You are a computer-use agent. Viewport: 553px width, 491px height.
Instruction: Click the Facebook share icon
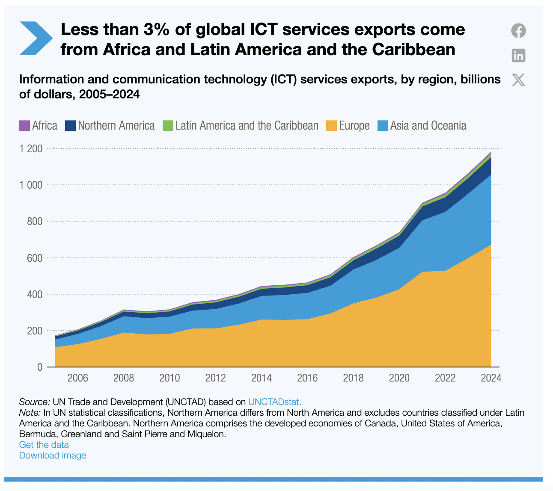click(x=518, y=31)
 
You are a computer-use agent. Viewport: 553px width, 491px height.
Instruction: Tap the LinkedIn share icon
click(x=518, y=55)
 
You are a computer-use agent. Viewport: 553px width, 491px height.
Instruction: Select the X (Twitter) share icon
click(x=518, y=80)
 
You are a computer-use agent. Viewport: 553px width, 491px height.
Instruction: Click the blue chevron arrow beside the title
click(x=36, y=38)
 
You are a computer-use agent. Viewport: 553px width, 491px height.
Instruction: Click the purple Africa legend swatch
click(x=25, y=126)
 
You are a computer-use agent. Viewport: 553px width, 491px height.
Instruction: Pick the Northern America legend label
click(x=116, y=126)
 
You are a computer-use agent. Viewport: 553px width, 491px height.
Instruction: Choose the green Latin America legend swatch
click(x=168, y=126)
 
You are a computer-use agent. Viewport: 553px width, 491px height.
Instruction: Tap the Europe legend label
click(x=354, y=126)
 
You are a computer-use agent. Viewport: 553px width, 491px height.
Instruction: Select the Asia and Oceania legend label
click(x=428, y=126)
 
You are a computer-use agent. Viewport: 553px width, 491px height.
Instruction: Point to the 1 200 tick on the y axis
click(x=31, y=149)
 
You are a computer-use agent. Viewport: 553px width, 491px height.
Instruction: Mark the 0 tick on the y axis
click(x=40, y=367)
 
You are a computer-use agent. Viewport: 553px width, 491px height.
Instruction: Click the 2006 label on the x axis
click(x=78, y=378)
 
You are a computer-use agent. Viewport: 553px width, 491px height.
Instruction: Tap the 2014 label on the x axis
click(x=262, y=378)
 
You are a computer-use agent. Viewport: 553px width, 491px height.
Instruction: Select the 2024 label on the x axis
click(x=491, y=378)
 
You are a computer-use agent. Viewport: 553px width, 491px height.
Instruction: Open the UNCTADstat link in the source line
click(x=275, y=402)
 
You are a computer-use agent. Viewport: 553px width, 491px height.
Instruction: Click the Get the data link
click(x=44, y=445)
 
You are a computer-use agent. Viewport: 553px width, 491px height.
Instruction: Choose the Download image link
click(x=53, y=456)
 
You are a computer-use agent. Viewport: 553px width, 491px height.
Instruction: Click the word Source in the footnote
click(x=34, y=402)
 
